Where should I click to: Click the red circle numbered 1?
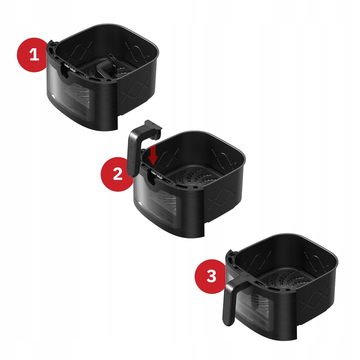point(33,54)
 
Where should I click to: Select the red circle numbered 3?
point(212,275)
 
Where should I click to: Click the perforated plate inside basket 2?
point(197,182)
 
